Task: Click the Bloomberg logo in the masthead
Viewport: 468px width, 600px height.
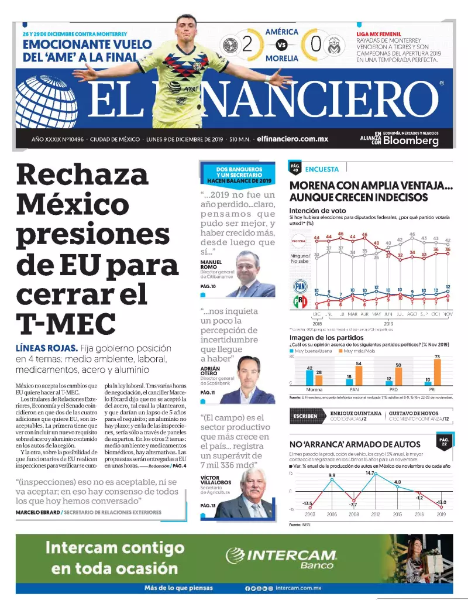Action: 411,141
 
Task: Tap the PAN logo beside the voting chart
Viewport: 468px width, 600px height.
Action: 300,286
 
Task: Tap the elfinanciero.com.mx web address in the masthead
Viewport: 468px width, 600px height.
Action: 292,139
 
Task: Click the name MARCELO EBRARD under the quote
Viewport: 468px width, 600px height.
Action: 37,512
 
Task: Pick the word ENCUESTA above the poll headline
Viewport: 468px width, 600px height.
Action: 322,169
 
